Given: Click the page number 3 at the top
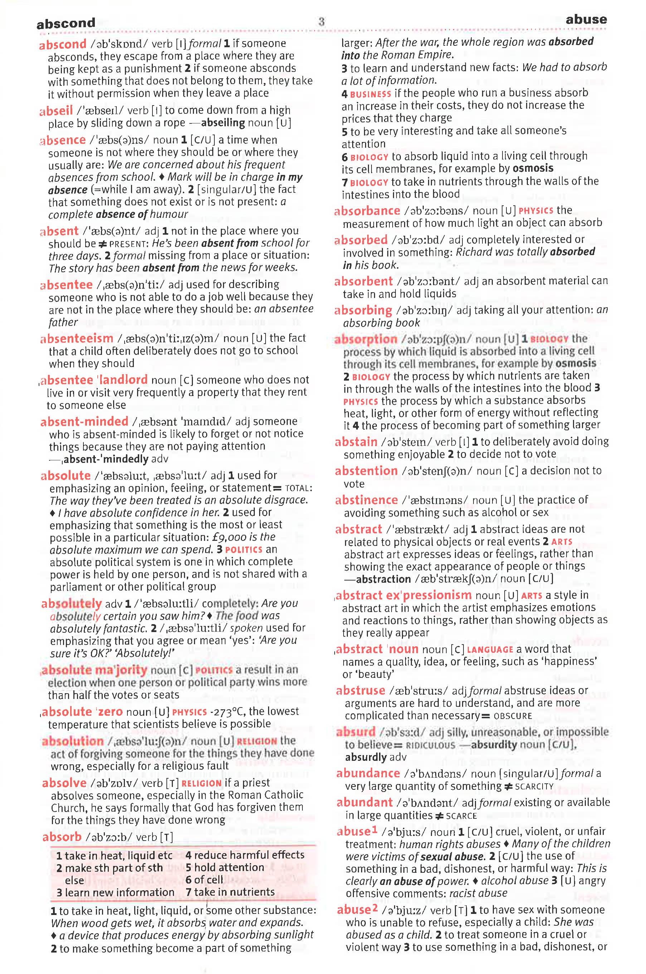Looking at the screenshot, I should (x=321, y=22).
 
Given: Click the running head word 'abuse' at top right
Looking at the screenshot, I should (x=586, y=19).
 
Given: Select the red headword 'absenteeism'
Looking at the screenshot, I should (x=77, y=339).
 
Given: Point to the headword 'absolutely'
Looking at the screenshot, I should (x=72, y=604).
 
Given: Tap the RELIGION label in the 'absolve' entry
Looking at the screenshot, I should (x=201, y=783).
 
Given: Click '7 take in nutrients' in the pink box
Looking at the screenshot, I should (x=230, y=892).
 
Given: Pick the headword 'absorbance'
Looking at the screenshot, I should (x=367, y=211).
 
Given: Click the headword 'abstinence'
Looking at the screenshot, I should (x=366, y=500).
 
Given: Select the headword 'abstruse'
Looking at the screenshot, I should (x=360, y=691).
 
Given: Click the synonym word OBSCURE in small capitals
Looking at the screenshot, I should (x=513, y=716).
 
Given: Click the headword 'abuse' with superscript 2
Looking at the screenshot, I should (x=357, y=910).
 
